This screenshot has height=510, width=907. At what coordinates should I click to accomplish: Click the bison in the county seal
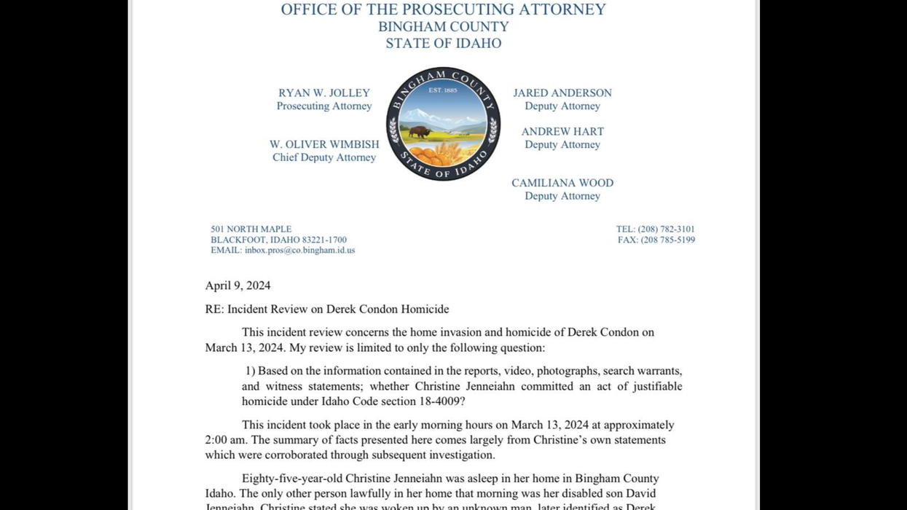419,132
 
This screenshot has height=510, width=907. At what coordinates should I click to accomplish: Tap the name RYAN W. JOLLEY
324,93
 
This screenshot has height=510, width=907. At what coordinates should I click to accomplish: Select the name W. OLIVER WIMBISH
324,144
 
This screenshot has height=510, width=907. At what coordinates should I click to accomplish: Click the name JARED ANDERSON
562,93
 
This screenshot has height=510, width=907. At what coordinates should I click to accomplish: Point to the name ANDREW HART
562,132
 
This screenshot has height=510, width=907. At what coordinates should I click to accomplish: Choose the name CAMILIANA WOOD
562,183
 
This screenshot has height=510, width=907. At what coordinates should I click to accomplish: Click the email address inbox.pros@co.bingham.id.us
299,250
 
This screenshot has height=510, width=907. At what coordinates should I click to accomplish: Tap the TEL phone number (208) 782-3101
666,229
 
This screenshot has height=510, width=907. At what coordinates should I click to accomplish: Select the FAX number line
656,240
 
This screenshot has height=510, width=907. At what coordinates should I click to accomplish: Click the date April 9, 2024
237,286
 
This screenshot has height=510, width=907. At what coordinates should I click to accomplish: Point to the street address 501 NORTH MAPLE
251,229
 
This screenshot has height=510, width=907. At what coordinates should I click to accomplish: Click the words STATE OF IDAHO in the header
443,43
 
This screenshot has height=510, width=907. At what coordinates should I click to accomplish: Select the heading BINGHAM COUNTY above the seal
443,26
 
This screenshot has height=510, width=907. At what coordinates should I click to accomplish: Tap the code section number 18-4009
436,401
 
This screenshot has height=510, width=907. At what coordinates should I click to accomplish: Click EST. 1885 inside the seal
443,90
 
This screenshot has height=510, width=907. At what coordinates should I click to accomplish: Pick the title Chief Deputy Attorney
324,157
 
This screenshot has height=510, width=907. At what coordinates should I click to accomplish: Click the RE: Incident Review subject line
326,309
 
